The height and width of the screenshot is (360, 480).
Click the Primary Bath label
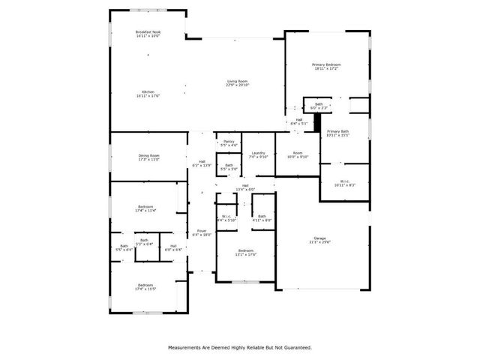(338, 131)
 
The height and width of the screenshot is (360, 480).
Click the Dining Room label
(148, 156)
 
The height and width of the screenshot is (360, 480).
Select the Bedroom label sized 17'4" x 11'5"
(145, 285)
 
